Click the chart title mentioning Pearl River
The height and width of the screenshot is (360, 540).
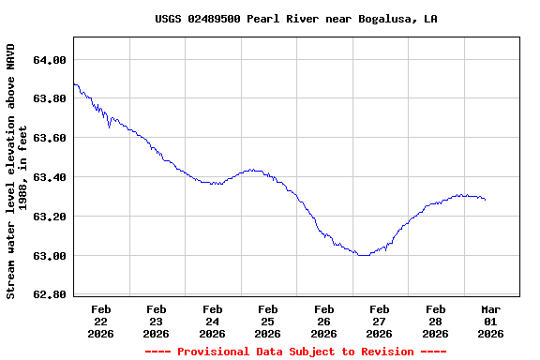point(296,19)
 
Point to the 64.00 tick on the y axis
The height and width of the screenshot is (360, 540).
point(49,60)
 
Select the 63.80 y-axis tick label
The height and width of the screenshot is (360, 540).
point(49,98)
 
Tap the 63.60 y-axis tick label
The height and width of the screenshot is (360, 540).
point(49,138)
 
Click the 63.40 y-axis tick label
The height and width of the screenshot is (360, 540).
point(49,177)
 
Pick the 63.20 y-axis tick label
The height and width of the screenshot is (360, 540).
point(49,217)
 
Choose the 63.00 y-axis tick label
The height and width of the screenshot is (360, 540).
point(49,256)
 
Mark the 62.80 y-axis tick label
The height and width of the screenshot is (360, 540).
point(49,295)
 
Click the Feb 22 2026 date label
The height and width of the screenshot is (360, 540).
point(101,321)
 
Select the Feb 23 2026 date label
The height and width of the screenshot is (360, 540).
point(157,321)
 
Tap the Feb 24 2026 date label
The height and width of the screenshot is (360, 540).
point(213,321)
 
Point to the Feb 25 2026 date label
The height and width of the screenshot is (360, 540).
point(268,321)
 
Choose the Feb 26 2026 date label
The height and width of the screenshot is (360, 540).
point(324,321)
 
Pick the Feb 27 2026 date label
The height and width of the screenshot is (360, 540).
point(380,321)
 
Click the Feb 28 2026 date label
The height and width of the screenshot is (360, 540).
point(436,321)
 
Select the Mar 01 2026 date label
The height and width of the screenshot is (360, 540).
point(491,321)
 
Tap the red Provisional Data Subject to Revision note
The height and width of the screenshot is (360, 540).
point(296,352)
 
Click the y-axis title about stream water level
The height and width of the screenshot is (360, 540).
point(17,171)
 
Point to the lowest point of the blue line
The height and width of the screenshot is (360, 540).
point(362,255)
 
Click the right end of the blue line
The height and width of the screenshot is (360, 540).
point(485,200)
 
